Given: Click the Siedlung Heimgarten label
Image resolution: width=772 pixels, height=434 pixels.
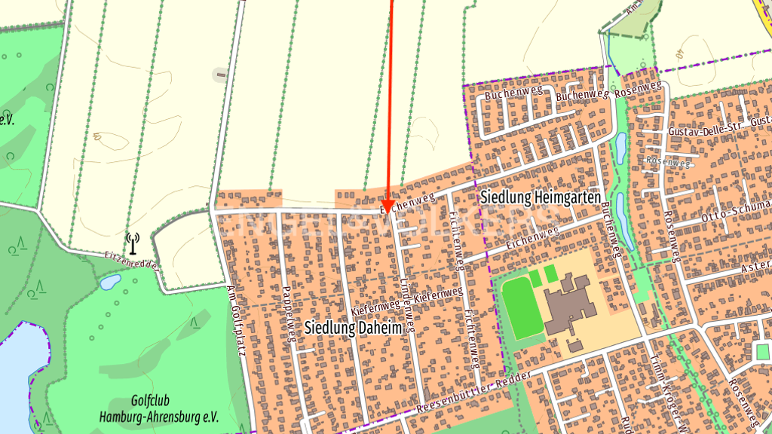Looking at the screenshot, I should pos(540,197).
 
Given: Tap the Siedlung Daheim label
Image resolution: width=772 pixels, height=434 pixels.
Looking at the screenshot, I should pos(353,327).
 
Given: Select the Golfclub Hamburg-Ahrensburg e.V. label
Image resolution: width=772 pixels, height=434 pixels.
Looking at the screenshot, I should pos(158,410).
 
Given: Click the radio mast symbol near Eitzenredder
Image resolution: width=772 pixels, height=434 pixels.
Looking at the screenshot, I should pos(133,243).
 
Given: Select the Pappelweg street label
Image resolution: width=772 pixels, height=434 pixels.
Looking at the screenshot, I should pos(286,313).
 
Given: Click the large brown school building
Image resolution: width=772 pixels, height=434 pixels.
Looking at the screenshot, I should pos(570,304).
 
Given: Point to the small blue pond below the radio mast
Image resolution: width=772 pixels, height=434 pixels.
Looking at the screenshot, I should pos(109,282).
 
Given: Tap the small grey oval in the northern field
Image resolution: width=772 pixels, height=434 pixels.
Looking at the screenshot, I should pos(220,74).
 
